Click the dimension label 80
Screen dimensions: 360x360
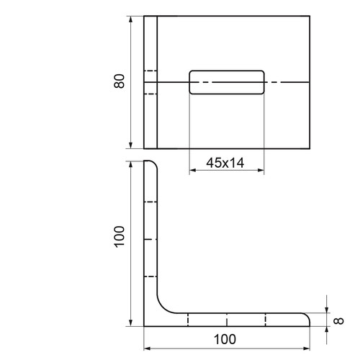pos(120,81)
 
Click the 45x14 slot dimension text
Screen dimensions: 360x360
pos(225,163)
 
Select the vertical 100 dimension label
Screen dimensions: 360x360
pos(120,237)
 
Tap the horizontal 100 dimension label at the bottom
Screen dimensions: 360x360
pos(225,339)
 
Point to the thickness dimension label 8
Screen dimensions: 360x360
pos(339,321)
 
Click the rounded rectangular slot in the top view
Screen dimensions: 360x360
pos(227,71)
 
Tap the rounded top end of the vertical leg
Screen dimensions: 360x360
pos(154,163)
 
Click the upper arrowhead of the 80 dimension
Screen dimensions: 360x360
pos(130,19)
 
